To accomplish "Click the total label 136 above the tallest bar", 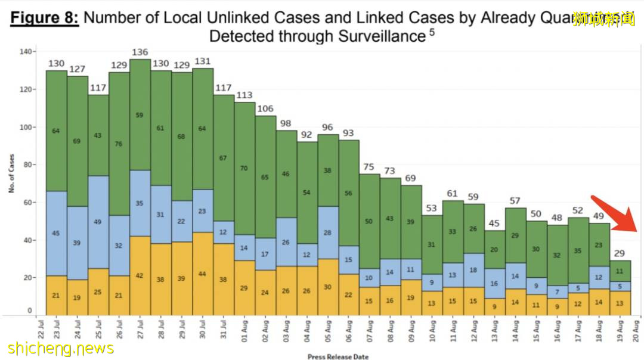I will coord(140,52).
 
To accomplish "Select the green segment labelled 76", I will coord(119,144).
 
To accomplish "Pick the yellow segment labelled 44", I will coord(203,274).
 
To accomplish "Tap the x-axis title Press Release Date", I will coord(338,356).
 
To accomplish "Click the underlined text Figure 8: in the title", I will coord(45,17).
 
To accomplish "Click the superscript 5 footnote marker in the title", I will coord(431,32).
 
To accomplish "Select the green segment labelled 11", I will coord(620,271).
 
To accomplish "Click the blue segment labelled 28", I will coord(328,232).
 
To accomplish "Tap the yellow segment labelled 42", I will coord(140,275).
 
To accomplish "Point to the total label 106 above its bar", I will coord(265,109).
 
